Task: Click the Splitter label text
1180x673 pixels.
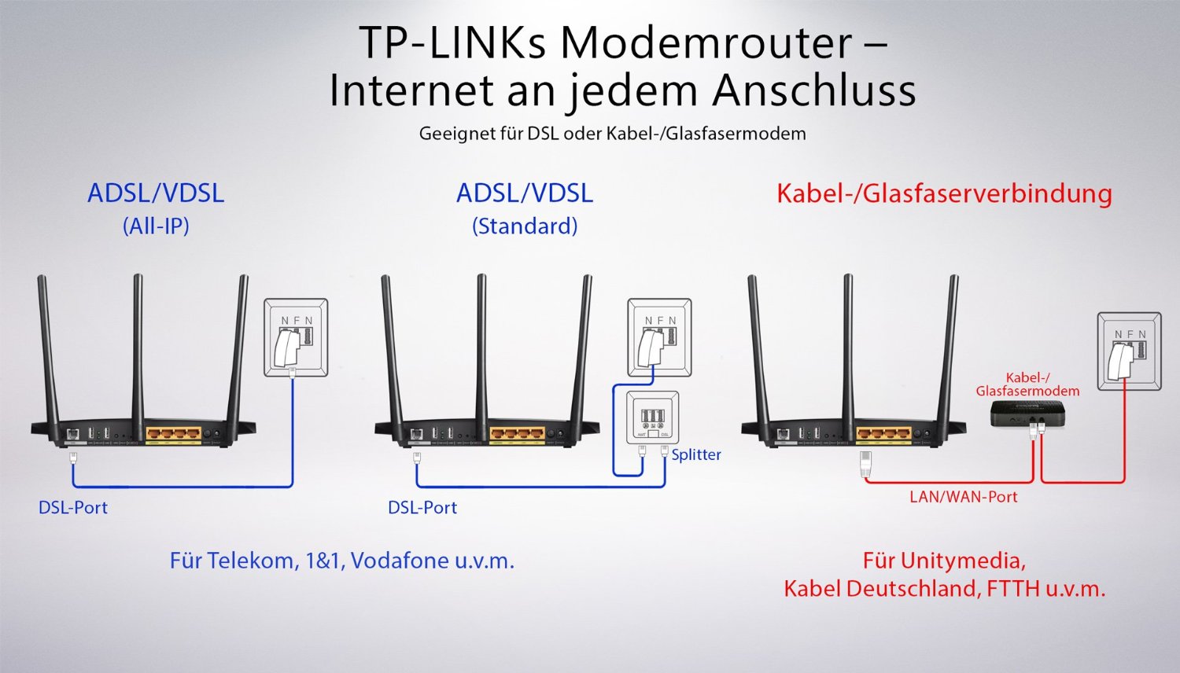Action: (695, 454)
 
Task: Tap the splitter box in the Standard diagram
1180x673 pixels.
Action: (652, 418)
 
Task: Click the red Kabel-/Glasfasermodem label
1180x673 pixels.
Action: (1027, 384)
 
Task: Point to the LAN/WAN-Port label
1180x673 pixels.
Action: (963, 497)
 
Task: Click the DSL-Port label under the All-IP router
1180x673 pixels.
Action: (73, 508)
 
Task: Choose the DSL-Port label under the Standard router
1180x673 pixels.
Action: (422, 508)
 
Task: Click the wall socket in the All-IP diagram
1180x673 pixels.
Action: (296, 338)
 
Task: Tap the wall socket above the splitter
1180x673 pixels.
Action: (659, 337)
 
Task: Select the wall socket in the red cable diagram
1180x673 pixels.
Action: (1129, 351)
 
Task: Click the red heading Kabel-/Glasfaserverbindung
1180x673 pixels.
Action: (944, 193)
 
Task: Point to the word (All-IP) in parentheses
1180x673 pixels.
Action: (156, 226)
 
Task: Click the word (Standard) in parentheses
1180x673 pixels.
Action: (525, 226)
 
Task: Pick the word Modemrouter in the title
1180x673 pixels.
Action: (706, 43)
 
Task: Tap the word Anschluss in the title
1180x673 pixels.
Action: (814, 90)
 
